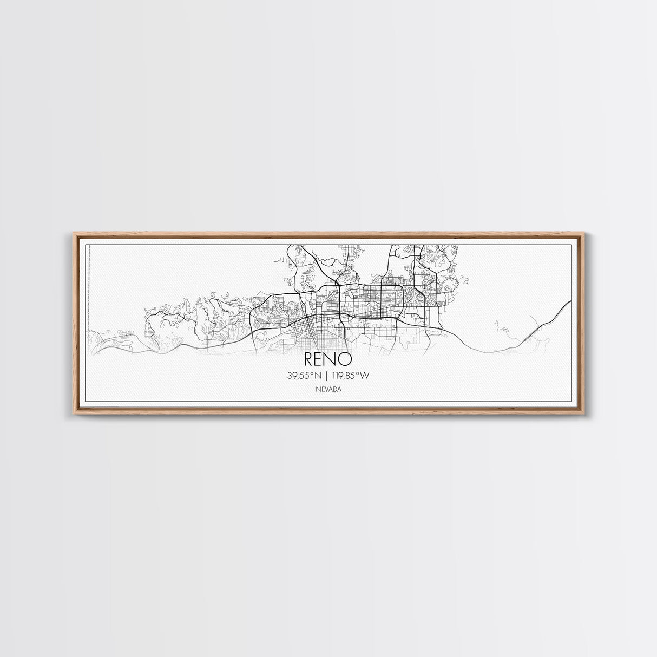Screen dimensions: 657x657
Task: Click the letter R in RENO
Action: [x=310, y=359]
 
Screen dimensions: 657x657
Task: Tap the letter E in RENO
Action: [x=321, y=359]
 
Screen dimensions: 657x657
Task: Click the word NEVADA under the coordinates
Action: [x=328, y=389]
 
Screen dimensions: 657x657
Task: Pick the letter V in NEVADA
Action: [x=326, y=389]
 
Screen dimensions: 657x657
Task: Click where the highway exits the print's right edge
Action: [x=571, y=301]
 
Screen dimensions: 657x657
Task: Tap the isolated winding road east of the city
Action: [x=501, y=327]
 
